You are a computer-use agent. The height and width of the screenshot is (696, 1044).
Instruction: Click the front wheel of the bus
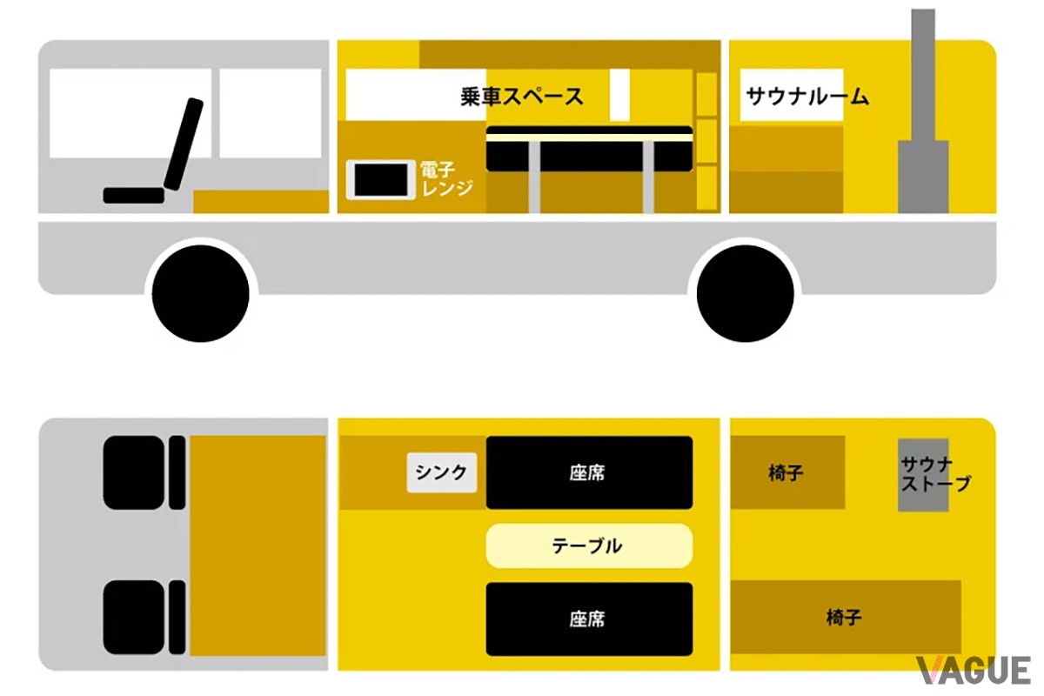click(x=200, y=294)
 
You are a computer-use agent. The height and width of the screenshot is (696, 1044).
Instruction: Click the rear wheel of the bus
click(x=746, y=294)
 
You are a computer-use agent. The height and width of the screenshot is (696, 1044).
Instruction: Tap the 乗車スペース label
click(x=521, y=97)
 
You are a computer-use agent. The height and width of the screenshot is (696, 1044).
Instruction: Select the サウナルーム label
click(x=807, y=97)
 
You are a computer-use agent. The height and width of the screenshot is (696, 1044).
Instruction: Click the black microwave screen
click(x=381, y=180)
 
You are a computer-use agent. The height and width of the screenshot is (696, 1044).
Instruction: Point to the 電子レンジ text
click(x=446, y=179)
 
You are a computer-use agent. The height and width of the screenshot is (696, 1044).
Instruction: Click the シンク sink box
click(x=442, y=472)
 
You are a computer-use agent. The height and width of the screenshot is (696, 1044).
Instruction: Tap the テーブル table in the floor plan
click(x=589, y=545)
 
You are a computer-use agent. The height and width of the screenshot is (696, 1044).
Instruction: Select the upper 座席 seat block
click(x=589, y=472)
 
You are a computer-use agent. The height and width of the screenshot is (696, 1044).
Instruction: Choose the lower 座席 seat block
click(x=589, y=619)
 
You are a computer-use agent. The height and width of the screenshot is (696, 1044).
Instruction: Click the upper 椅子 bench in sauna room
click(x=787, y=472)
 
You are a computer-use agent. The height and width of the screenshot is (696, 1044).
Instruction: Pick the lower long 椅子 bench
click(x=846, y=617)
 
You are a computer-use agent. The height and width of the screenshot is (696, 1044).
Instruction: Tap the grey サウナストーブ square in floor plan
click(x=923, y=475)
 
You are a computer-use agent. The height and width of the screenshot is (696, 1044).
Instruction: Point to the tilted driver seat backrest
click(x=184, y=144)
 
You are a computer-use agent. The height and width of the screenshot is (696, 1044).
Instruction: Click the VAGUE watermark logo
click(x=974, y=671)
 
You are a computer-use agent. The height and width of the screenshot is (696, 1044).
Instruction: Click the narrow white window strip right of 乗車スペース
click(x=619, y=95)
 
